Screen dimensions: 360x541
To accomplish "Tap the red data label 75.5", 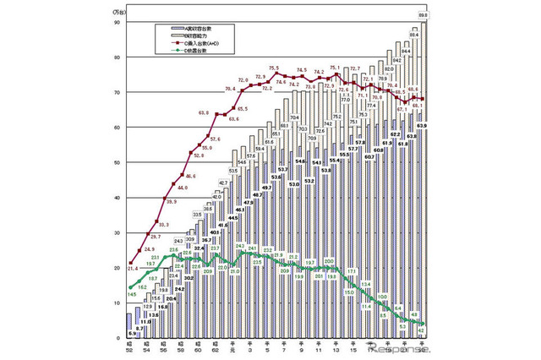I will (274, 67).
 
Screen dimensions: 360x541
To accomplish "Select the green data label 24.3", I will (239, 246).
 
